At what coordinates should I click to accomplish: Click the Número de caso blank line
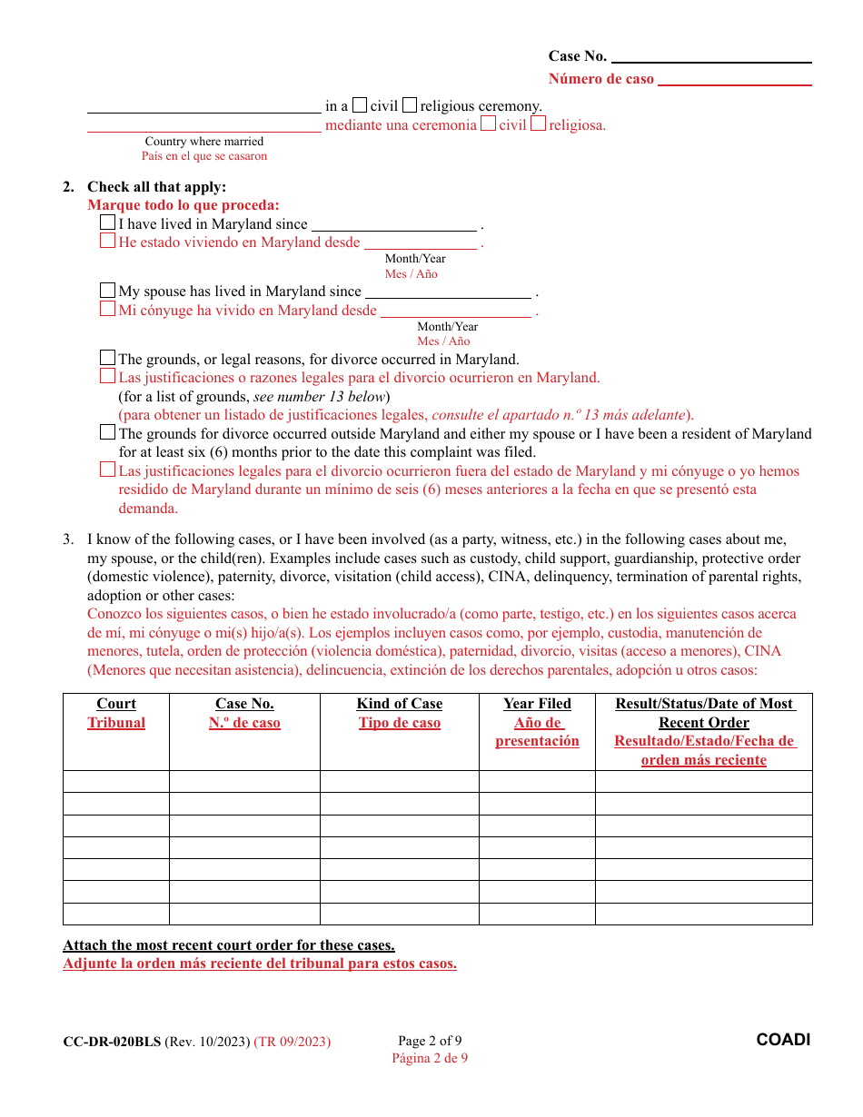[x=734, y=80]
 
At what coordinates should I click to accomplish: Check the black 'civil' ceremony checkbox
[x=360, y=105]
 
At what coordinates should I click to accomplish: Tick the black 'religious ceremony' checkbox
[x=410, y=105]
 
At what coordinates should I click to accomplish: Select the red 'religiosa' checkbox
[x=538, y=124]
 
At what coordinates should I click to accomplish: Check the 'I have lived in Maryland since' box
[x=108, y=222]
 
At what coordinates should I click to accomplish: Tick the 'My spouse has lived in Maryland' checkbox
[x=108, y=291]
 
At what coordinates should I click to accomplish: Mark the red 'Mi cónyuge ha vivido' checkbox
[x=108, y=310]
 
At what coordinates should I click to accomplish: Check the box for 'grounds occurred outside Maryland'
[x=108, y=432]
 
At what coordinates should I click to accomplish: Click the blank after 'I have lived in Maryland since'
[x=394, y=225]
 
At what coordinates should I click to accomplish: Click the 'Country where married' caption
[x=204, y=142]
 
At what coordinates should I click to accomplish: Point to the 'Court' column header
[x=116, y=704]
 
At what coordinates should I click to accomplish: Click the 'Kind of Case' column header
[x=400, y=704]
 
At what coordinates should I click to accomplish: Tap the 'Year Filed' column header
[x=537, y=704]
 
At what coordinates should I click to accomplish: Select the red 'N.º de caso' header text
[x=244, y=723]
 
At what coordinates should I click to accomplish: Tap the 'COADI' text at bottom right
[x=783, y=1040]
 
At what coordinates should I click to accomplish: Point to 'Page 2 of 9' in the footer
[x=430, y=1041]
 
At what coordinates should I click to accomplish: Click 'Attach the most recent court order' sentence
[x=229, y=945]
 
